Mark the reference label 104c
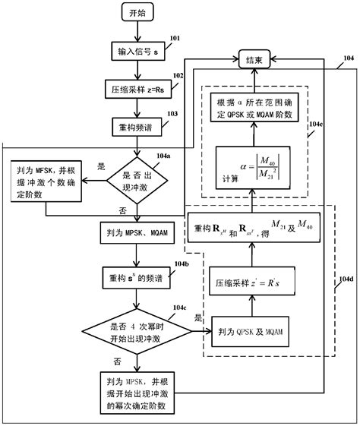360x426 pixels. pos(180,307)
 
